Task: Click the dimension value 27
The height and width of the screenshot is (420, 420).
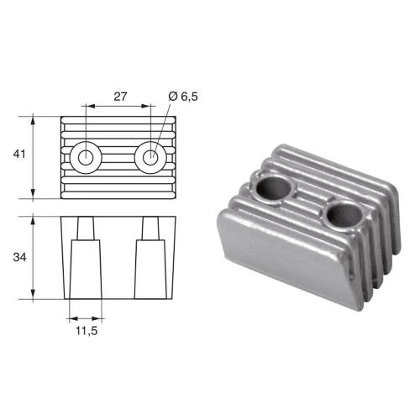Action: (x=119, y=97)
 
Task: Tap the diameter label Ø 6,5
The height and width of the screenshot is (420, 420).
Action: (x=183, y=97)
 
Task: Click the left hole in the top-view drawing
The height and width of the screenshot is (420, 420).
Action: (x=85, y=156)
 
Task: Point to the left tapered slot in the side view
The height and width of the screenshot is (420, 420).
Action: (x=83, y=260)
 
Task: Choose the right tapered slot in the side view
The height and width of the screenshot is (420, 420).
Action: (x=151, y=260)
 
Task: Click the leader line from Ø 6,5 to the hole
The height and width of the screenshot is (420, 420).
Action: (x=161, y=126)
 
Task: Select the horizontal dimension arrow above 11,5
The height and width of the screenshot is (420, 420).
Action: (x=83, y=319)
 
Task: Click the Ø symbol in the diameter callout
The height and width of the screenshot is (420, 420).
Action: (x=172, y=97)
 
